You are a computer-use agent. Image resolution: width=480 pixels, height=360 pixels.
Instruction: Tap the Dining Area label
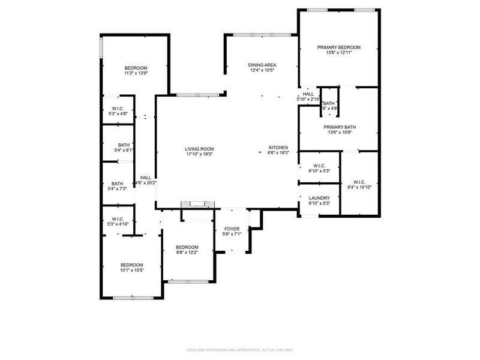(x=262, y=65)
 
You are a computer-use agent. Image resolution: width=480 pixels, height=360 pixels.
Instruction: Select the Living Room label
(x=199, y=149)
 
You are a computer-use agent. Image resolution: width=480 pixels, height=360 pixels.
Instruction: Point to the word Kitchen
(x=278, y=148)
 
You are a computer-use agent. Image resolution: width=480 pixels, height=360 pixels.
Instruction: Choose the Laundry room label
(x=319, y=198)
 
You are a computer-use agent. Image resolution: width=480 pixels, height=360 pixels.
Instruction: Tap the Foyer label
(x=232, y=229)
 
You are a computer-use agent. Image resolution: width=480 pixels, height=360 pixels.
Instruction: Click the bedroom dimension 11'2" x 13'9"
(x=136, y=73)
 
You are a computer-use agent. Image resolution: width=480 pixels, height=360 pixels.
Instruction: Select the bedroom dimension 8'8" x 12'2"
(x=187, y=253)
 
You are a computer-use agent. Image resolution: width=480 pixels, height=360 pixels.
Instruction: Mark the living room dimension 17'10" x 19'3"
(x=199, y=154)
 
